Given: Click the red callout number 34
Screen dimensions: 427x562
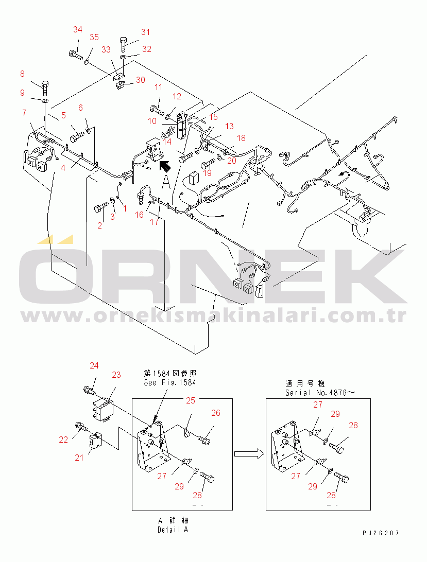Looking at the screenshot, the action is point(78,29).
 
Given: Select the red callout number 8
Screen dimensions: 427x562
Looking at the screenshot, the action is point(22,74).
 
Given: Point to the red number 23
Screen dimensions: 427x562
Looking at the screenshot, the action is point(116,375).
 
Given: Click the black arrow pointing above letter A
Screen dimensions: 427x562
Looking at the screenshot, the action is point(164,166).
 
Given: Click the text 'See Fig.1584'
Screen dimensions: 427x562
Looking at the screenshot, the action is point(170,382).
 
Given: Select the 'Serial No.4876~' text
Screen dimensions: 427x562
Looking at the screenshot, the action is point(320,393).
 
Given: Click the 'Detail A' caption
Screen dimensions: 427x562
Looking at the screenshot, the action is point(173,530).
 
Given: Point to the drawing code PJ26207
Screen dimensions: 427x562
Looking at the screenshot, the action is point(381,533).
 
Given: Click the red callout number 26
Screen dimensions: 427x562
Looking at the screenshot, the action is point(216,413).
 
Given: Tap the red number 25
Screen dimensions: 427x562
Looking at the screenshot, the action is point(191,400).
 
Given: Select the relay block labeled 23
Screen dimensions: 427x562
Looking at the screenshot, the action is point(101,409).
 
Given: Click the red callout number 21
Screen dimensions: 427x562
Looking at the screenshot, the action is point(79,458).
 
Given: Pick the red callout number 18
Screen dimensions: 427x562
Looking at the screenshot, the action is point(241,138).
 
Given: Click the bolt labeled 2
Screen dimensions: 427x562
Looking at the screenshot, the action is point(101,207).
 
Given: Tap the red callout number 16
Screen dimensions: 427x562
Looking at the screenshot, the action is point(139,214).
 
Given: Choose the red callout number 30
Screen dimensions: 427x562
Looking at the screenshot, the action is point(140,80).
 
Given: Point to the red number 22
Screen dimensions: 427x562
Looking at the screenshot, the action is point(63,440).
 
